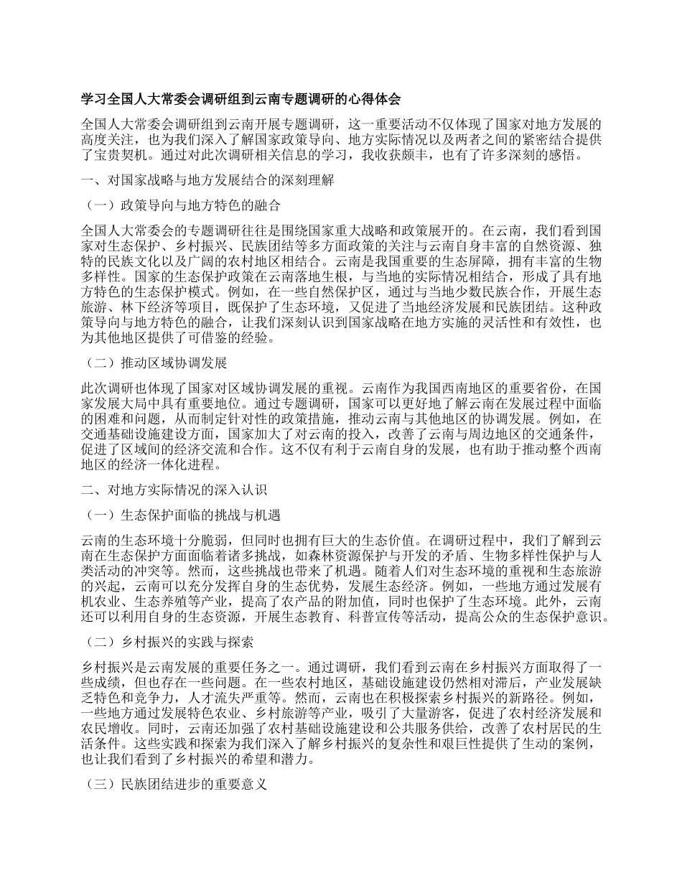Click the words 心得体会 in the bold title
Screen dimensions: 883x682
click(375, 98)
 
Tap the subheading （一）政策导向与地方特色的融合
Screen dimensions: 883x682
click(182, 205)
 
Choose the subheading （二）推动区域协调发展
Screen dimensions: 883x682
click(156, 363)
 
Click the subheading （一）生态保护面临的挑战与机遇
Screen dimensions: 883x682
click(182, 514)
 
